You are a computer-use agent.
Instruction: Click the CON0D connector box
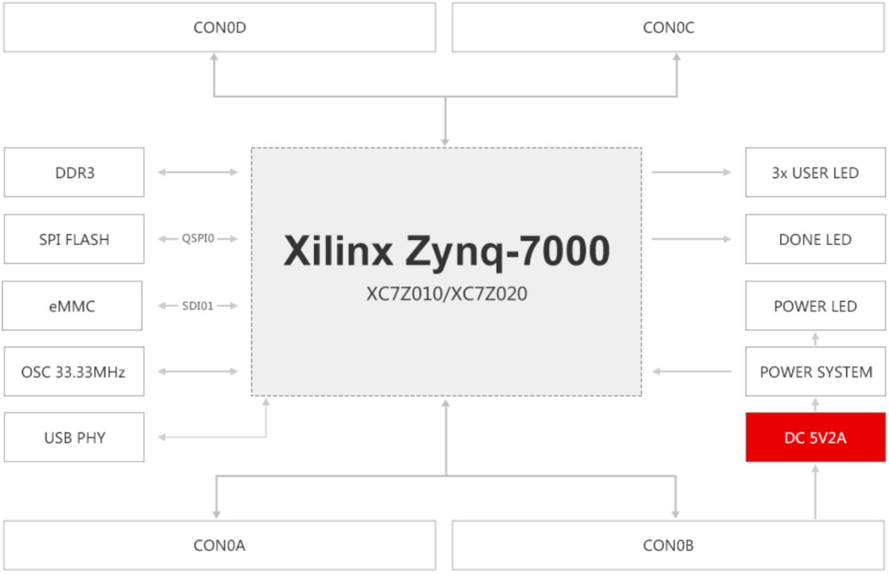[x=219, y=27]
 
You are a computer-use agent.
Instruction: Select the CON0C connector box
[x=668, y=27]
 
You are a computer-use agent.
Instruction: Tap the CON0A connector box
[x=219, y=545]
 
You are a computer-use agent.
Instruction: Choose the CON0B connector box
[x=668, y=545]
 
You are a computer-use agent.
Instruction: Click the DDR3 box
[x=74, y=173]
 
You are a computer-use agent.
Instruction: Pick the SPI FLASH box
[x=74, y=239]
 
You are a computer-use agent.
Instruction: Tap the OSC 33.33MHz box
[x=74, y=371]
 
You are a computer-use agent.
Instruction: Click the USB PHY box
[x=74, y=437]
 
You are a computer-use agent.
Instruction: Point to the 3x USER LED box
[x=815, y=173]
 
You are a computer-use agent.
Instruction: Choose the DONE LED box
[x=815, y=239]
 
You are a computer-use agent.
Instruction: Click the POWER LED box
[x=815, y=305]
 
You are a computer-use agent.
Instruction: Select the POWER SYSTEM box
[x=815, y=371]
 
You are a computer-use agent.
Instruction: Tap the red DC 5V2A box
[x=815, y=437]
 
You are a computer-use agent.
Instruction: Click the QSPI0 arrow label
[x=198, y=238]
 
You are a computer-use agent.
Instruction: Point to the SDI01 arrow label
[x=198, y=305]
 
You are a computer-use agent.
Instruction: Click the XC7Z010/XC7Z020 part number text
[x=447, y=294]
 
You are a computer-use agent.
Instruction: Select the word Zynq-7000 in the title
[x=507, y=251]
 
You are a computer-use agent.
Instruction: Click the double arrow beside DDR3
[x=198, y=173]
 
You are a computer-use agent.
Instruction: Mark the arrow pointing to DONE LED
[x=691, y=239]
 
